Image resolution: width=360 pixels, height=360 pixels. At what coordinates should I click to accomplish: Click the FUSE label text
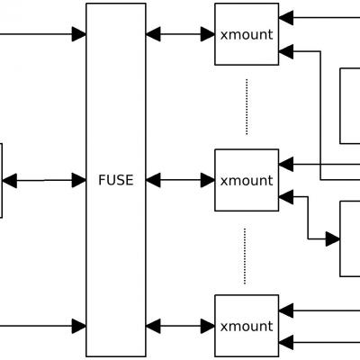[116, 180]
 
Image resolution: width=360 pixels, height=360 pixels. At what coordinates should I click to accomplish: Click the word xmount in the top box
[247, 34]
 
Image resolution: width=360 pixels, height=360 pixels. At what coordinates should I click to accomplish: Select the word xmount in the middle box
[247, 181]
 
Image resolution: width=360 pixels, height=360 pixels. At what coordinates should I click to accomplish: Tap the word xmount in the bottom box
[247, 327]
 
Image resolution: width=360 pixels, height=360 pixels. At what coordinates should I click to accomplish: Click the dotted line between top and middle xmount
[247, 107]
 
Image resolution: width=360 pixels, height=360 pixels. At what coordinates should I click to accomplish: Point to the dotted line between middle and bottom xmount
[245, 256]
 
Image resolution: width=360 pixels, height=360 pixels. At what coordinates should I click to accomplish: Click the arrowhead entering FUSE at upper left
[79, 34]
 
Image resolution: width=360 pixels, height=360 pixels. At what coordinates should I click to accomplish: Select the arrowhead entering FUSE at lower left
[79, 326]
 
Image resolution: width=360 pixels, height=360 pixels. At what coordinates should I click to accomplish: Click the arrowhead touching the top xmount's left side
[208, 34]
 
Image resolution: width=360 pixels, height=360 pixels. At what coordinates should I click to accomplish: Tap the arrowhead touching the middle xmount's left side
[208, 180]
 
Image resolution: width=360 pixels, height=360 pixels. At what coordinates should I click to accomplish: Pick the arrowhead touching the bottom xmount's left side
[208, 326]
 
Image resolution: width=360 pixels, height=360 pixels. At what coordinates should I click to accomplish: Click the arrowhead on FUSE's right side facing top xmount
[153, 34]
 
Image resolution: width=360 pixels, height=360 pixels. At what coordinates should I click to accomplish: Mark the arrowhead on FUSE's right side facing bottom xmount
[153, 326]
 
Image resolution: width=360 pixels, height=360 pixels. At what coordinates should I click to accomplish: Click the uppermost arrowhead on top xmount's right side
[286, 18]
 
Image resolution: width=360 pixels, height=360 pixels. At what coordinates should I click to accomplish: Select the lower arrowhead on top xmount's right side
[286, 51]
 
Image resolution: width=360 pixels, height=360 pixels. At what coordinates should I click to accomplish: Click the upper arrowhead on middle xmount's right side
[286, 164]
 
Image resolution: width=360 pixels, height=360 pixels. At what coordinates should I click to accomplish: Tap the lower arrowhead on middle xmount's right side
[286, 197]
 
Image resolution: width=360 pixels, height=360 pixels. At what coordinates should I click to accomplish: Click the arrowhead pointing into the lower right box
[333, 239]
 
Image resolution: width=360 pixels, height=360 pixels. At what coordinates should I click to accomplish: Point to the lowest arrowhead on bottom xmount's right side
[286, 342]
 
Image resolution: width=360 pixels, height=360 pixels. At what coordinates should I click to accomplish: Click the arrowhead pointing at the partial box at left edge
[10, 181]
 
